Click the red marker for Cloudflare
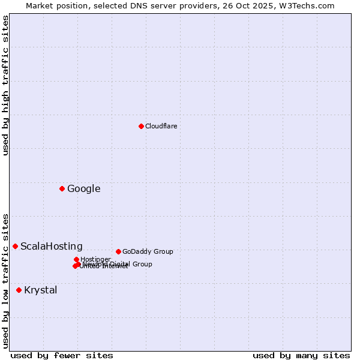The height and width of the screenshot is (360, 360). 141,126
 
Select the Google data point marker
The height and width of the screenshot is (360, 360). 62,188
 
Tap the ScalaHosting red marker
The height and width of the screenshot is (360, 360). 15,246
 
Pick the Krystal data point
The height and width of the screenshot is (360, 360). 19,290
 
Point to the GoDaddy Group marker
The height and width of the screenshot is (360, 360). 118,251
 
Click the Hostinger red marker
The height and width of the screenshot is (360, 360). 76,259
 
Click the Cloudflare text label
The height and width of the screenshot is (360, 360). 161,126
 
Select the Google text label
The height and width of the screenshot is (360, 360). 83,188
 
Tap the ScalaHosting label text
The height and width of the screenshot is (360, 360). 51,246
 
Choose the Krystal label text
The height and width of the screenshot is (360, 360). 40,290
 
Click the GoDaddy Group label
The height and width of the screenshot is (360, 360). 147,251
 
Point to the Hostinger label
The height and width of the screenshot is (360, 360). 95,259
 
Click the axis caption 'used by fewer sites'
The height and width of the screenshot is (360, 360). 62,355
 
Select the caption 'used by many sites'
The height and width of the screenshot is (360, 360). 301,355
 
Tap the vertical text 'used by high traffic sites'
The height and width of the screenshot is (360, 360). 5,85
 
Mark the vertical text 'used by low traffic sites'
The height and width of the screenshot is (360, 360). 5,280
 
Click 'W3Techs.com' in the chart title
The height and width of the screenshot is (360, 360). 314,5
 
